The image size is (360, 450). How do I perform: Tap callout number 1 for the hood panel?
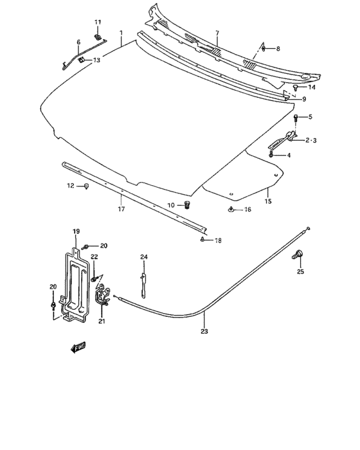[120, 32]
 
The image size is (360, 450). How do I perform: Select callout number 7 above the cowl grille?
[217, 33]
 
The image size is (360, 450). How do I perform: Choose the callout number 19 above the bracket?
[76, 231]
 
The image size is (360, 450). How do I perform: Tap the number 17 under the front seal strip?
[120, 209]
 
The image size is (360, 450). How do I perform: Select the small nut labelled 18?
[202, 240]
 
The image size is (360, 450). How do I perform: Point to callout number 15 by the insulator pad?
[268, 201]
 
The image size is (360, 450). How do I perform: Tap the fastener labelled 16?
[230, 210]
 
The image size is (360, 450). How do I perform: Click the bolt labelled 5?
[295, 118]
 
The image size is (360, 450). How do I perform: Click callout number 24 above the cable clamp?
[144, 257]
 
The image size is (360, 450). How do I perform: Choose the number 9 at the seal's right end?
[304, 99]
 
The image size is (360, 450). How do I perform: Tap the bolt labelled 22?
[95, 279]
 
